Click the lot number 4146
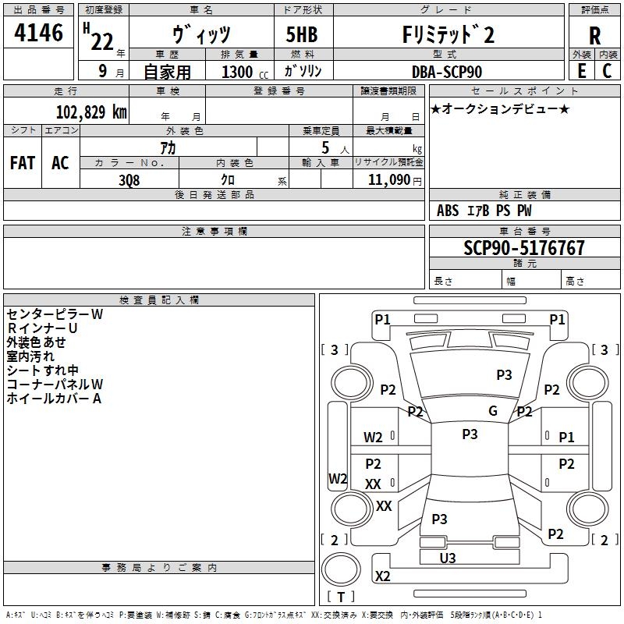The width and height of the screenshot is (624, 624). [39, 34]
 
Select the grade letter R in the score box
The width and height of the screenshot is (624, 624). [594, 36]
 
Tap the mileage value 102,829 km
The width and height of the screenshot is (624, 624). [91, 112]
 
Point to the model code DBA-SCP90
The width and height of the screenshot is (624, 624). [446, 72]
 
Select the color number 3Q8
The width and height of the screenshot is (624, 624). [129, 179]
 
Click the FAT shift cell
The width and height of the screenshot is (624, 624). [22, 163]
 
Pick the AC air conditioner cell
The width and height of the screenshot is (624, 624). [60, 163]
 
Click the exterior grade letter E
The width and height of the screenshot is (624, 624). [581, 71]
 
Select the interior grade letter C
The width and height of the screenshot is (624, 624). [607, 71]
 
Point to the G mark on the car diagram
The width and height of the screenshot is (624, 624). [492, 411]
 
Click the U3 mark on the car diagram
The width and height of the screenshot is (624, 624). [448, 558]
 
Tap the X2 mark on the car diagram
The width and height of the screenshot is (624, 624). [382, 576]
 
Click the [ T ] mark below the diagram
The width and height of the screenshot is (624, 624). [341, 597]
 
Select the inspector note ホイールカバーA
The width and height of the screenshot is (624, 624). [54, 399]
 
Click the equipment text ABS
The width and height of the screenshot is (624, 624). [448, 210]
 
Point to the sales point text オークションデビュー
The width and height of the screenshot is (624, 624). [500, 108]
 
